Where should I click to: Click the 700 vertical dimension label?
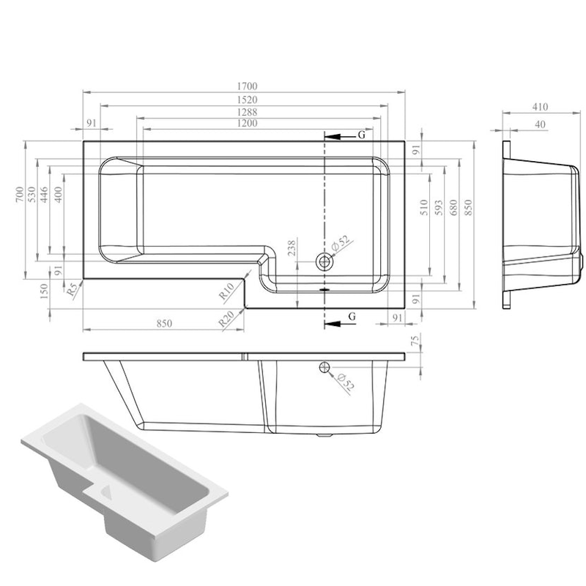pyautogui.click(x=20, y=194)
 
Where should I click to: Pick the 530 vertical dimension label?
pyautogui.click(x=32, y=194)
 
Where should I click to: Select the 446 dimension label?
pyautogui.click(x=44, y=194)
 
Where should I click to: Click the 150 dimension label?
pyautogui.click(x=43, y=292)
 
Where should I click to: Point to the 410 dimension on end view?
pyautogui.click(x=541, y=107)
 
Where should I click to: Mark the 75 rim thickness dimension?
pyautogui.click(x=414, y=341)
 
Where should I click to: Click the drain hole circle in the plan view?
pyautogui.click(x=324, y=262)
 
